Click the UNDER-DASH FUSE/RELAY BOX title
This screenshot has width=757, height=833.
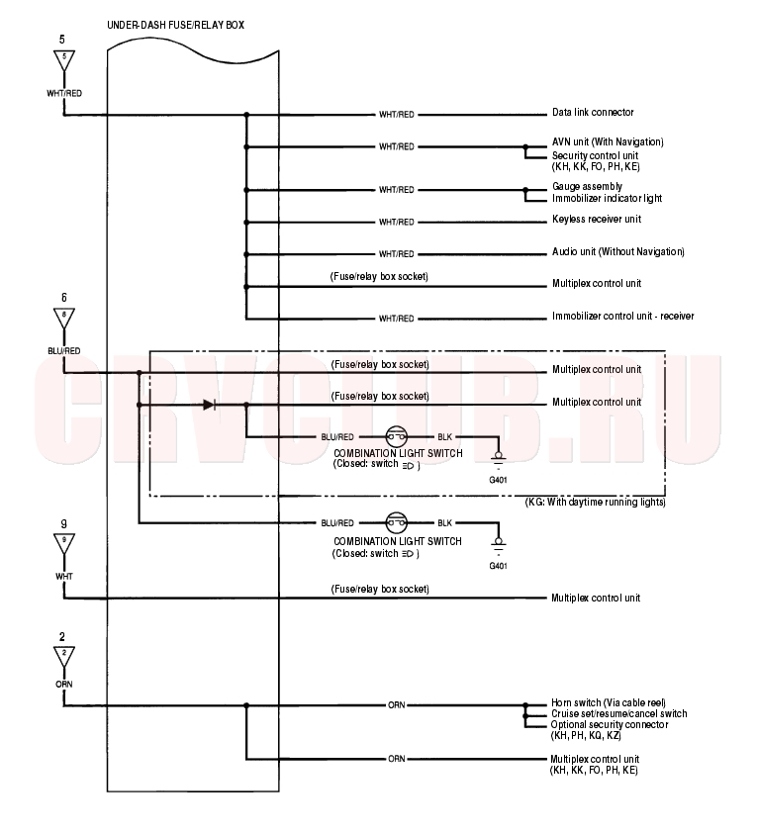(x=176, y=25)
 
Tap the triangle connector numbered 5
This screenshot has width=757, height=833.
(x=63, y=60)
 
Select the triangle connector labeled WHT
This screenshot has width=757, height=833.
(x=63, y=544)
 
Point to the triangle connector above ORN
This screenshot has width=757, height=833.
(x=63, y=657)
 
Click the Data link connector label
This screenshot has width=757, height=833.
(x=593, y=112)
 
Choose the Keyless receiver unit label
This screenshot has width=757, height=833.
(x=597, y=219)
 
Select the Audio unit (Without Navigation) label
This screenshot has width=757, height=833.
(x=618, y=251)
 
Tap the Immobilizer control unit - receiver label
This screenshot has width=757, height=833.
(x=623, y=317)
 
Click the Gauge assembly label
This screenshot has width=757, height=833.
(x=587, y=186)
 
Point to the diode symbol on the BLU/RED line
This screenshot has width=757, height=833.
(x=209, y=405)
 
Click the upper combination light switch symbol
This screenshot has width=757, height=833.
(x=396, y=436)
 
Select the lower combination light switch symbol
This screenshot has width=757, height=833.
(x=396, y=522)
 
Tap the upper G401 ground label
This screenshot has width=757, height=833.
(x=498, y=480)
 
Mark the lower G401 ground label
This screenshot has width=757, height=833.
(x=498, y=566)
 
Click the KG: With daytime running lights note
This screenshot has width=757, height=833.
(x=596, y=502)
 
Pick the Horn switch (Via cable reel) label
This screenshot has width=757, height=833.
(x=609, y=702)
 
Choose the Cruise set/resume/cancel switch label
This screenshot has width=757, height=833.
(x=618, y=713)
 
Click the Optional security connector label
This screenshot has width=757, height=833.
(x=610, y=724)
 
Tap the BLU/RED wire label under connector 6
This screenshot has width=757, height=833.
(x=63, y=351)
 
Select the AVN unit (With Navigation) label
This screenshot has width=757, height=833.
(x=608, y=141)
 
